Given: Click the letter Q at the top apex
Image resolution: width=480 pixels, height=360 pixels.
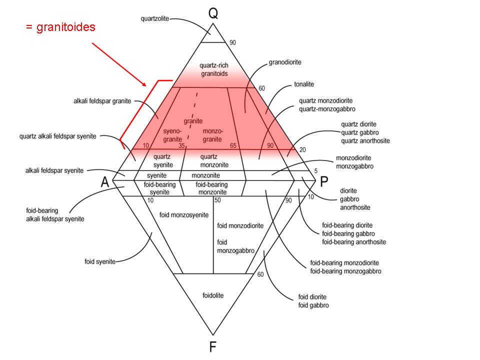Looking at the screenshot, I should point(213,13).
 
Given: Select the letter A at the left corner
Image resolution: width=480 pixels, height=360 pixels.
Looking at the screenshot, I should point(104,182).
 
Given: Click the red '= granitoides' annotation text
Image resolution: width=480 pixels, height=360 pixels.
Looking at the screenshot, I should point(60,27).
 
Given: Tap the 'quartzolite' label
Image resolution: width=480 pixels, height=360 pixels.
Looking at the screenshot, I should point(155,18).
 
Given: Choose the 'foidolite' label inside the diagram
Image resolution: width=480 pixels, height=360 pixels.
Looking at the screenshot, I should point(213,295).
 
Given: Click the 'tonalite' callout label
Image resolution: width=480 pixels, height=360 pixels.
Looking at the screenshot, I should point(303,84).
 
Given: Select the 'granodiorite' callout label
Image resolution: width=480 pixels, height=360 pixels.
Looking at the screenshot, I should point(284,62).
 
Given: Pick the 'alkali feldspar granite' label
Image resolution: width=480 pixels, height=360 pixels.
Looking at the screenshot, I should point(101,101).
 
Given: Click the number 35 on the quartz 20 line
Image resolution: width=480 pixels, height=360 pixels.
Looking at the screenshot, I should point(181,145).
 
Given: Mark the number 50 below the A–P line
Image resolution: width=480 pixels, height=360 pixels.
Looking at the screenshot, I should point(217,200).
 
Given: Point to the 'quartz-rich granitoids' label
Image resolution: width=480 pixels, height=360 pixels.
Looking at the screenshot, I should point(213,69).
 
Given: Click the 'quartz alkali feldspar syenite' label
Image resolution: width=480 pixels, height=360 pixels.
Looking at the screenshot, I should point(64,135).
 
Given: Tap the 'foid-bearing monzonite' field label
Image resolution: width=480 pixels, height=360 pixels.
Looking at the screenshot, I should point(212,188).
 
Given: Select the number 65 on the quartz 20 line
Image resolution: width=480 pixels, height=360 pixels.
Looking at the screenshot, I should point(232,145).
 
